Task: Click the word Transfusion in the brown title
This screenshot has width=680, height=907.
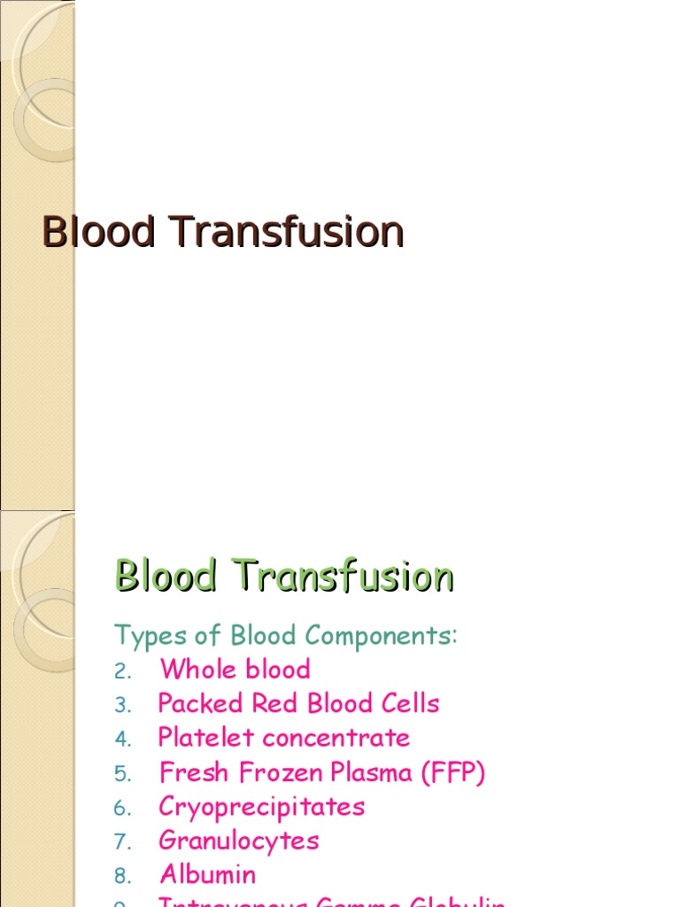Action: point(288,232)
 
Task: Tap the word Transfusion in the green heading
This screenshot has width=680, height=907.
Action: point(344,577)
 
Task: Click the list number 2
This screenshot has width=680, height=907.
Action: point(122,671)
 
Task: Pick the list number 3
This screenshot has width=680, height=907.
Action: point(122,706)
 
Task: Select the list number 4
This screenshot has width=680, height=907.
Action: point(122,740)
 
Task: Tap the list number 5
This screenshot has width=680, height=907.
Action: point(122,774)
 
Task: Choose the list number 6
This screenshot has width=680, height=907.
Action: point(122,809)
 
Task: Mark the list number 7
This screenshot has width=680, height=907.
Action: point(122,842)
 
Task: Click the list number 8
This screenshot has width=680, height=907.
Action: point(122,877)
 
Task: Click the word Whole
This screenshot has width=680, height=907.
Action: point(195,670)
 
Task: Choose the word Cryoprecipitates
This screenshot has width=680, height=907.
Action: point(262,808)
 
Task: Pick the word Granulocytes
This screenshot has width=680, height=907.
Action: point(239,841)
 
